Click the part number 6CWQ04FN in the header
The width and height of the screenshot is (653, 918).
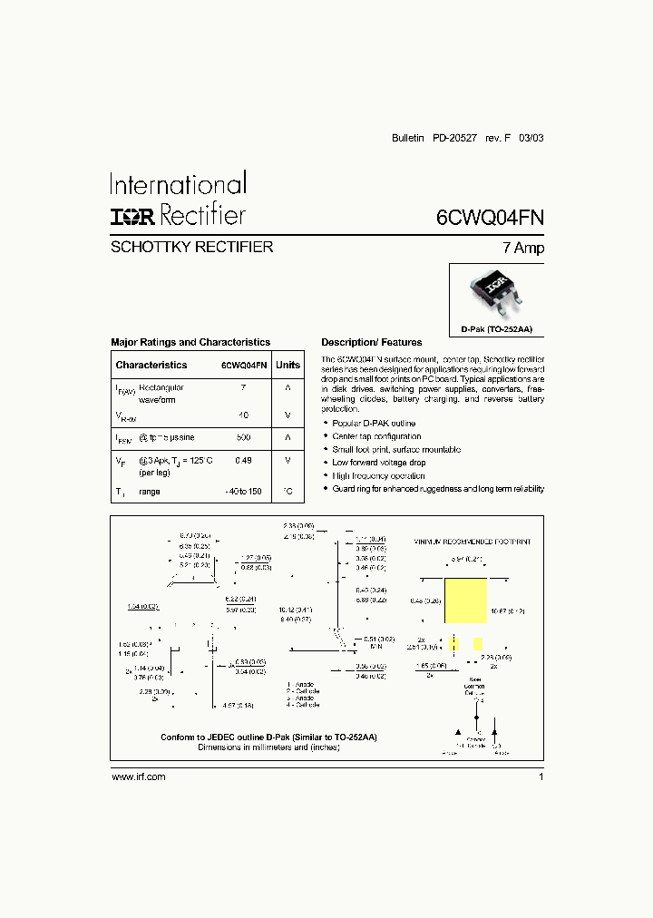pos(490,218)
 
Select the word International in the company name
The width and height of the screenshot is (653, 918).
pos(178,185)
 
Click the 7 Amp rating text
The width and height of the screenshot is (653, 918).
pos(524,248)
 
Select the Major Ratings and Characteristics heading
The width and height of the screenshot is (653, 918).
pos(190,342)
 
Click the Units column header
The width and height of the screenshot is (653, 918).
pos(288,365)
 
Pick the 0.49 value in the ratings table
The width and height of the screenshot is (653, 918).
pos(243,461)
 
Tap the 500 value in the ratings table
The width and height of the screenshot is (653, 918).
pos(243,437)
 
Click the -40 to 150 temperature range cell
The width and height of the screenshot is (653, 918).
pos(243,491)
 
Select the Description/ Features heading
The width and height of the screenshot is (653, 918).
pos(372,342)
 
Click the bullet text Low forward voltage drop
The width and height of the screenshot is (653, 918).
pos(378,463)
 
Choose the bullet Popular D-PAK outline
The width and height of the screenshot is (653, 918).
pos(374,424)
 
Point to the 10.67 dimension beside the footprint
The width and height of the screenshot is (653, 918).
pos(505,611)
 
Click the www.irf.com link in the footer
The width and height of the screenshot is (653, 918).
pos(138,777)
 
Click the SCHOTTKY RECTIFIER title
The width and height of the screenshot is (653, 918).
pos(191,247)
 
